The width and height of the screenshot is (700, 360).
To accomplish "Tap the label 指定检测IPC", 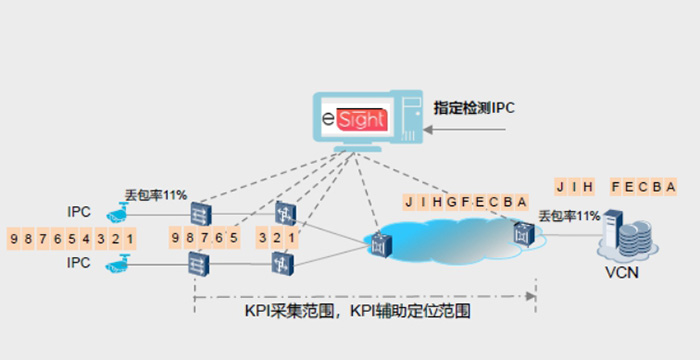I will pos(474,107).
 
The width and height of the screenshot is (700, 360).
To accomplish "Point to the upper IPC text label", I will pos(80,212).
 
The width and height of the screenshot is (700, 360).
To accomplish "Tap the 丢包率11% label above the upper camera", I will pos(155,194).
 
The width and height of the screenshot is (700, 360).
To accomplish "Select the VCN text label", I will pos(622,272).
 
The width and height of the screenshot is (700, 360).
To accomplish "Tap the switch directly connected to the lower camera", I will pos(196,264).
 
